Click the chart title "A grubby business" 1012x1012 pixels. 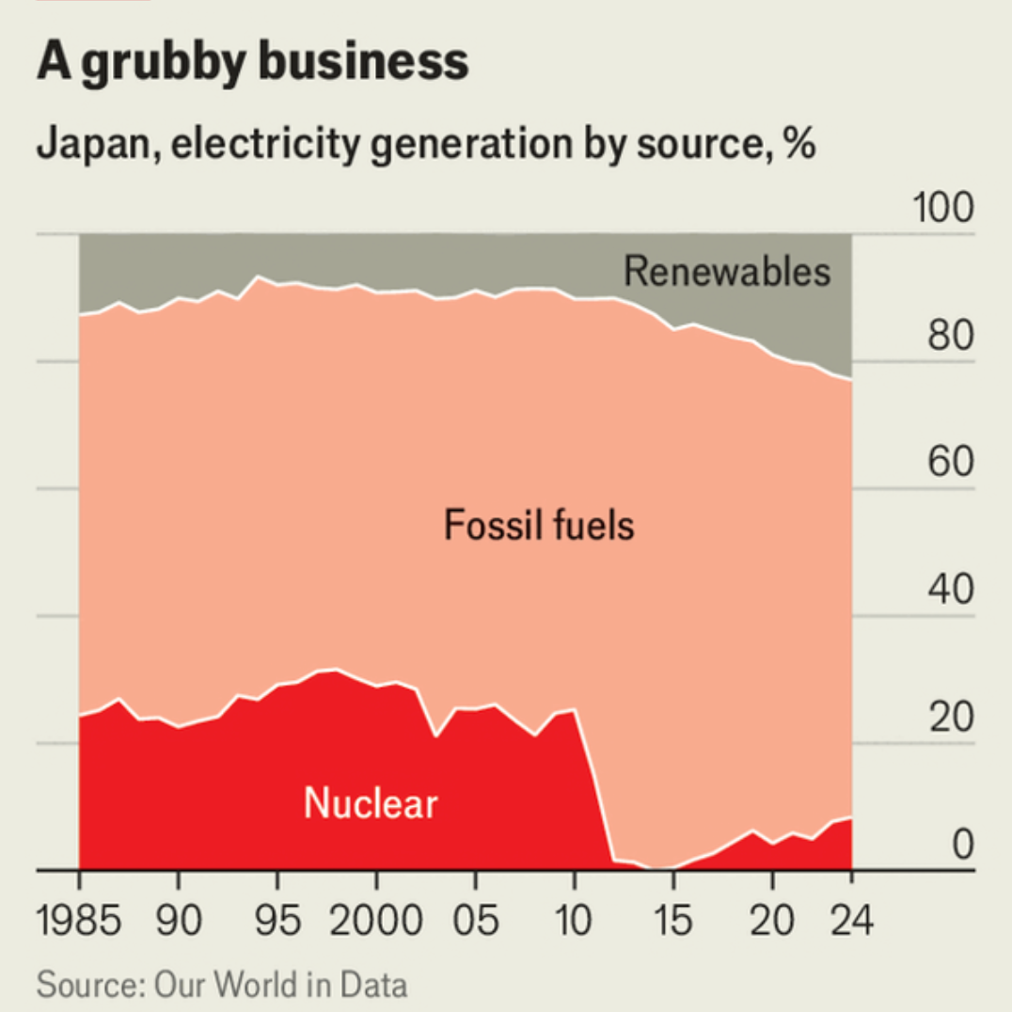[252, 62]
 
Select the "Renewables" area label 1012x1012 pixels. [727, 271]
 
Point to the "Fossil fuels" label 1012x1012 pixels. [539, 524]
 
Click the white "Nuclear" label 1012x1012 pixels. [371, 804]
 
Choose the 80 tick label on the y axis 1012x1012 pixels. [950, 336]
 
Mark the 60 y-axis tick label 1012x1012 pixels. [950, 464]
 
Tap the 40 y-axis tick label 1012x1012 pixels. [950, 592]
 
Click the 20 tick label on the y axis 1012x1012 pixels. [950, 719]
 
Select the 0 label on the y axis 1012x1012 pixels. [962, 846]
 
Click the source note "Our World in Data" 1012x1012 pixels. [280, 986]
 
